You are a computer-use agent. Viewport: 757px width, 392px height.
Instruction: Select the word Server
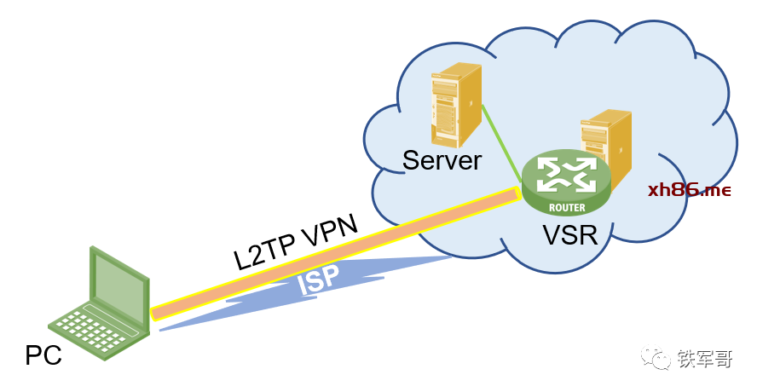click(442, 160)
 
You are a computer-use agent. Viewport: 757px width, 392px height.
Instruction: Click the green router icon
click(567, 182)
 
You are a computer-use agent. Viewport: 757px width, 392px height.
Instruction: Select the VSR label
click(569, 234)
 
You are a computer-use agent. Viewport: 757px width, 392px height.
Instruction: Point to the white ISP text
click(318, 280)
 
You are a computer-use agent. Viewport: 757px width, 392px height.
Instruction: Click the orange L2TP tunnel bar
click(341, 251)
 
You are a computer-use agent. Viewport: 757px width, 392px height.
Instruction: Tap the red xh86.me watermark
click(689, 190)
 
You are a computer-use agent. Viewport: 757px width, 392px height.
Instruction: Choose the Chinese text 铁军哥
click(704, 360)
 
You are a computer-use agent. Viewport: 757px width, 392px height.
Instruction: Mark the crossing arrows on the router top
click(567, 173)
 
